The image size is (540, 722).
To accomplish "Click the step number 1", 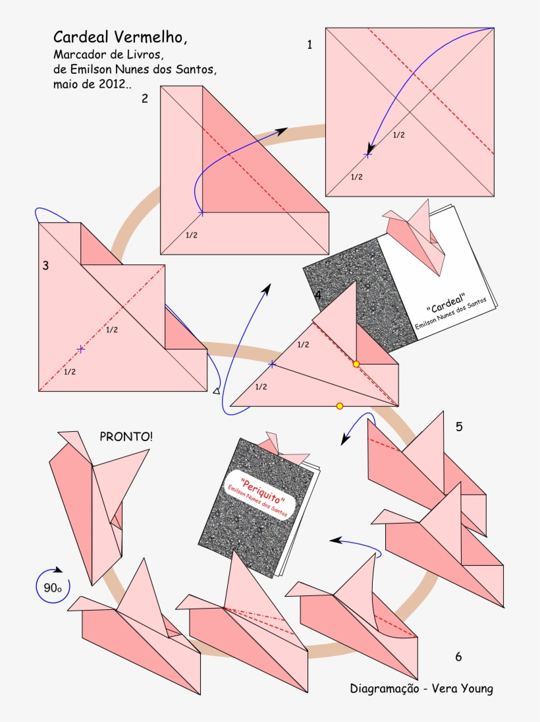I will pyautogui.click(x=310, y=45).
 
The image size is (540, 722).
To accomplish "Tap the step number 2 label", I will pyautogui.click(x=144, y=98).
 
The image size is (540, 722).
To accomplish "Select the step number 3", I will pyautogui.click(x=45, y=266).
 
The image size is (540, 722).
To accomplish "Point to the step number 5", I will pyautogui.click(x=458, y=427).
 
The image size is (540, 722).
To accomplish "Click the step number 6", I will pyautogui.click(x=458, y=656).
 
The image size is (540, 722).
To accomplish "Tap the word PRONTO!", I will pyautogui.click(x=124, y=436).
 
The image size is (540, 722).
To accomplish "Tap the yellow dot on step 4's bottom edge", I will pyautogui.click(x=340, y=406).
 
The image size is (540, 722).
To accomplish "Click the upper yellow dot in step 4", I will pyautogui.click(x=356, y=364).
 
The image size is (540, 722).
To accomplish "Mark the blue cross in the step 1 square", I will pyautogui.click(x=367, y=155).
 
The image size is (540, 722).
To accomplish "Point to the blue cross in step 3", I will pyautogui.click(x=80, y=349).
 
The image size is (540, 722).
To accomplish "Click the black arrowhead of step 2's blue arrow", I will pyautogui.click(x=281, y=131).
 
